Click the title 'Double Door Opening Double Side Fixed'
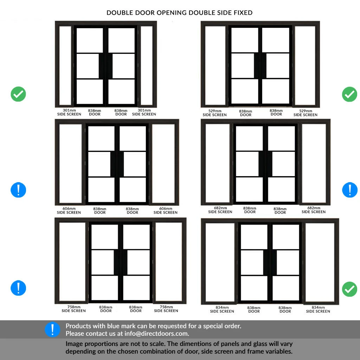click(x=179, y=13)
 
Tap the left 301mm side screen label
click(x=69, y=112)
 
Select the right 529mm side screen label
click(x=306, y=113)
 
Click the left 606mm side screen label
click(x=69, y=211)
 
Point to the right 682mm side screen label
click(x=314, y=210)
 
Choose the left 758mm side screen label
click(x=74, y=309)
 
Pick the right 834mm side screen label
click(x=318, y=309)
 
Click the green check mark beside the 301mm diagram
click(x=18, y=94)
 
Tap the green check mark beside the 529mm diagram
click(x=350, y=94)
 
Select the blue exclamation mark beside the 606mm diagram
click(x=18, y=190)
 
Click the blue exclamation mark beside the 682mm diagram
click(x=350, y=190)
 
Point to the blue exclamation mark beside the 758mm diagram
click(x=18, y=288)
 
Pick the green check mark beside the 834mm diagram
click(x=350, y=289)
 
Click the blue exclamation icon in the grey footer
click(x=52, y=329)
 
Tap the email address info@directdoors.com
click(x=156, y=334)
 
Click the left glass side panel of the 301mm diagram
click(x=65, y=65)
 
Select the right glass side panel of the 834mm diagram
click(x=320, y=262)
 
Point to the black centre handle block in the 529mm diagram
click(x=260, y=66)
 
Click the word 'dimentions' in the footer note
click(x=199, y=344)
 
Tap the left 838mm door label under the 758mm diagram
click(x=105, y=309)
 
